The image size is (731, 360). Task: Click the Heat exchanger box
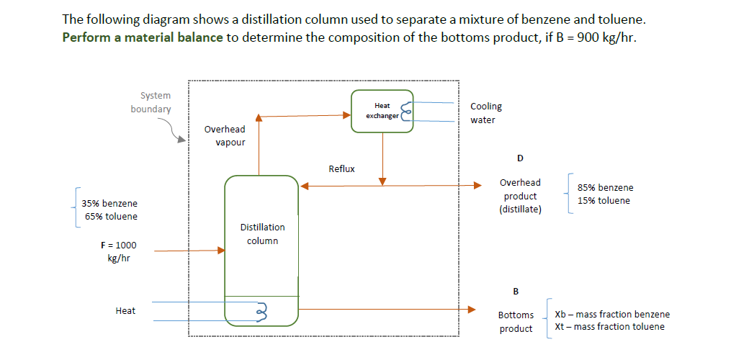(382, 111)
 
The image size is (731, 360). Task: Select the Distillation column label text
(262, 234)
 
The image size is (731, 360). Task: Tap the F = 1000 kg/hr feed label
(118, 252)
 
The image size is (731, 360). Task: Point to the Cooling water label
(486, 113)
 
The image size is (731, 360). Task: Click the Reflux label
(341, 169)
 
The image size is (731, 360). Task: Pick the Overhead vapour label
(225, 135)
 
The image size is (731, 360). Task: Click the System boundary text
(151, 102)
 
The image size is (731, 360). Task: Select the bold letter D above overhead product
(520, 158)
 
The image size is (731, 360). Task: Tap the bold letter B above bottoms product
(516, 292)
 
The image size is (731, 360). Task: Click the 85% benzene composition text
(606, 187)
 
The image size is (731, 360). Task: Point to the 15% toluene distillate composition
(604, 200)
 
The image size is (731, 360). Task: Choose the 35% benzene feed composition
(109, 204)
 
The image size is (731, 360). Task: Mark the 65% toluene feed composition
(109, 216)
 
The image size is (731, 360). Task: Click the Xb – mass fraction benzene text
(612, 314)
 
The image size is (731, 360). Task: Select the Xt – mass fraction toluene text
(610, 327)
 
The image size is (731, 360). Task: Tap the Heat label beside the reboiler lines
(125, 310)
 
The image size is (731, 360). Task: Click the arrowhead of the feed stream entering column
(221, 251)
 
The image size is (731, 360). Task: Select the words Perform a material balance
(143, 37)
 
